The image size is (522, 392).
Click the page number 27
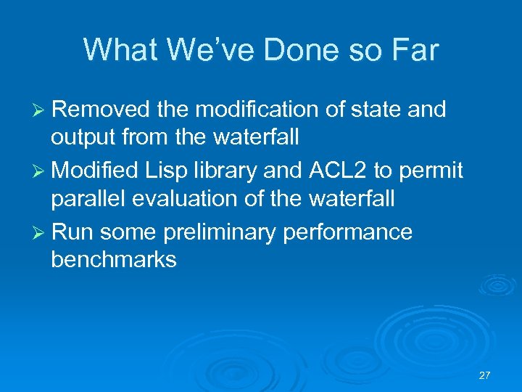(485, 375)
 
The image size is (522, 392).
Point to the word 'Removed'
(101, 110)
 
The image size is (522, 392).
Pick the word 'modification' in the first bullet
(267, 110)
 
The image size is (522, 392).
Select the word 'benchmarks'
(114, 260)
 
